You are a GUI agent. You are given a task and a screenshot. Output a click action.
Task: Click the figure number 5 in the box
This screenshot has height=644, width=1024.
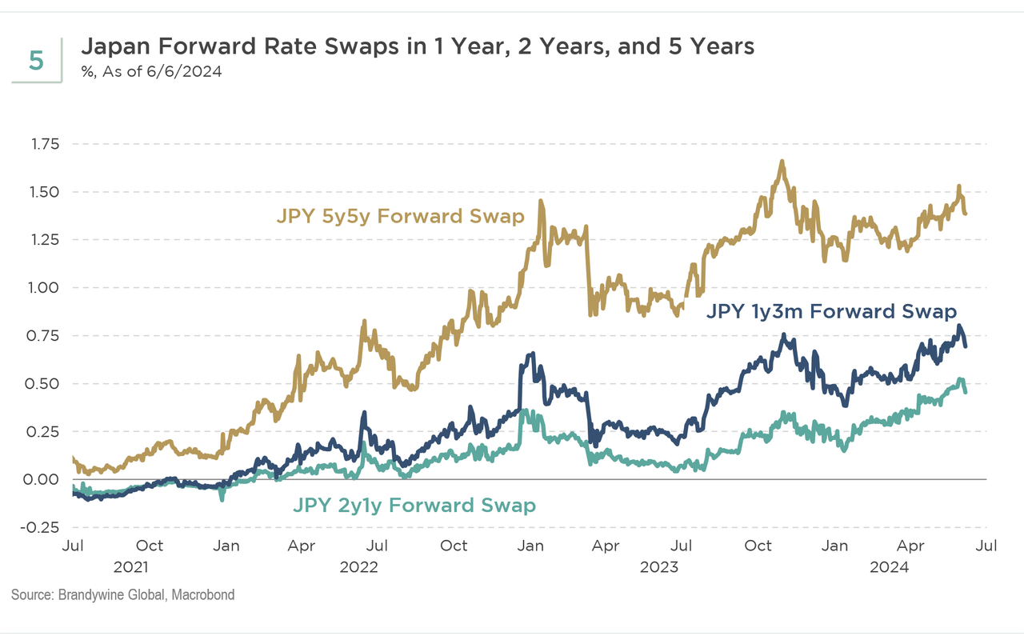tap(36, 61)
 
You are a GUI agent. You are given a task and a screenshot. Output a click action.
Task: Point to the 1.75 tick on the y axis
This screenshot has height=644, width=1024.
tap(46, 144)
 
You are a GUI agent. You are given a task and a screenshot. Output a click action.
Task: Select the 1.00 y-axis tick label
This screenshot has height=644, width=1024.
tap(46, 287)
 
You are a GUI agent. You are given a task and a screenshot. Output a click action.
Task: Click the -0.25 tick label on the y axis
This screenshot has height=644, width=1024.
tap(43, 527)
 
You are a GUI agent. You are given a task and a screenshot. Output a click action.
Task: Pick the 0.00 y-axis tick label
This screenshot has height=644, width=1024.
tap(46, 479)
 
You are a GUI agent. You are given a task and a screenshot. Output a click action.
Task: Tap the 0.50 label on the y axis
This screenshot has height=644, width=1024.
tap(46, 383)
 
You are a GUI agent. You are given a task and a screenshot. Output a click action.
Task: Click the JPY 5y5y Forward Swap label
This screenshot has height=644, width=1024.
tap(400, 216)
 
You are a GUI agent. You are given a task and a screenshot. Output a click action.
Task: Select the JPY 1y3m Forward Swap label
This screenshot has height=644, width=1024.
tap(831, 312)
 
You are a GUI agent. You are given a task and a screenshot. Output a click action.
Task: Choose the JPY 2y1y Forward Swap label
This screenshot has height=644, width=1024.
tap(414, 506)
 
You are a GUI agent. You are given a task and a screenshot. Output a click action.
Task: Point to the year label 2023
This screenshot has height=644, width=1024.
tap(659, 567)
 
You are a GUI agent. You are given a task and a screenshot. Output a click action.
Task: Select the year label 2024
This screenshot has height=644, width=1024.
tap(889, 567)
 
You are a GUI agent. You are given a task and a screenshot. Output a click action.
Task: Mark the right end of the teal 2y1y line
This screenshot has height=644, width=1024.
tap(966, 391)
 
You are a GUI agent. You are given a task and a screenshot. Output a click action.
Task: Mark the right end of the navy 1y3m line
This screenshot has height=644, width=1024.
tap(966, 345)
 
